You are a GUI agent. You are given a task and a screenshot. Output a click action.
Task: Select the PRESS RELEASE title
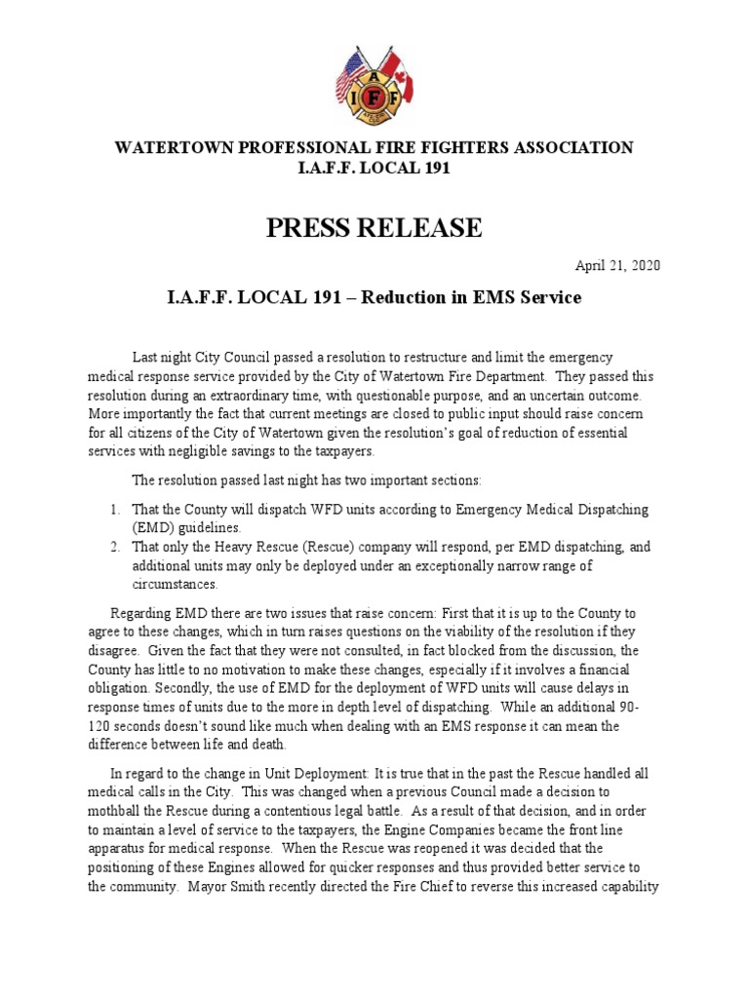pos(374,228)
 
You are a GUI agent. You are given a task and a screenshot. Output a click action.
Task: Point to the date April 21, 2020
pos(619,266)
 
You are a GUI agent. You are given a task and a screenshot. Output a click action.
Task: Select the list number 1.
pos(114,510)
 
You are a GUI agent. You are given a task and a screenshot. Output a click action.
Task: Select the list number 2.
pos(114,548)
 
